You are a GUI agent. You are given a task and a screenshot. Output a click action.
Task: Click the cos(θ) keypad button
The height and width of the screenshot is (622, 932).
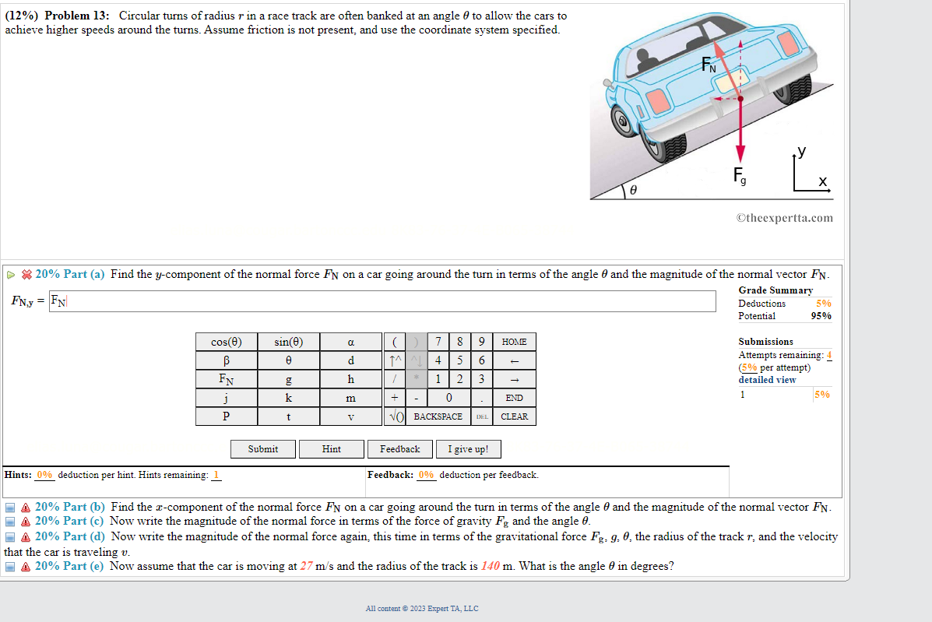point(226,342)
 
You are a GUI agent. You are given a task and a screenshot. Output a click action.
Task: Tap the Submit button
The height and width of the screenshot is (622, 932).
point(263,449)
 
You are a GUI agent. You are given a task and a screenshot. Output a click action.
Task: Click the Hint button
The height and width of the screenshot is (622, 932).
point(332,449)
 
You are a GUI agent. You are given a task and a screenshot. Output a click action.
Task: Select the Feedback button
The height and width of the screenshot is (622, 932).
point(399,449)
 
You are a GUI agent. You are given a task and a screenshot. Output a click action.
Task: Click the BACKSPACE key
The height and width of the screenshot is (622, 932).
point(438,416)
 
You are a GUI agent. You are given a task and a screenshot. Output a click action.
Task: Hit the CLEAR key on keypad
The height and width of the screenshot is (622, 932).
point(514,416)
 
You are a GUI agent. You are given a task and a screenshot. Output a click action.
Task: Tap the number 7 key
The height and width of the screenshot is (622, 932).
point(439,342)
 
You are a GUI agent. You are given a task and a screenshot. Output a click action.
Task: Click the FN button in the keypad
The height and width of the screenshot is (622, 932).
point(226,379)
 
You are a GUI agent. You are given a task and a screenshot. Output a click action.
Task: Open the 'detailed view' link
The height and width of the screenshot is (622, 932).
point(767,380)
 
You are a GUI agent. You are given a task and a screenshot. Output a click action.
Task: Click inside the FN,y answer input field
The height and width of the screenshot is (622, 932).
point(382,301)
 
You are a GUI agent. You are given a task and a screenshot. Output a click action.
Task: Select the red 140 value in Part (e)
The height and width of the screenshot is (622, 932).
point(491,566)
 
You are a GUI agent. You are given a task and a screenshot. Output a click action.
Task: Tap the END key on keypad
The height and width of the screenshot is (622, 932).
point(514,398)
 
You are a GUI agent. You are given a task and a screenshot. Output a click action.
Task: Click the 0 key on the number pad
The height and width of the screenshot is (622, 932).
point(449,398)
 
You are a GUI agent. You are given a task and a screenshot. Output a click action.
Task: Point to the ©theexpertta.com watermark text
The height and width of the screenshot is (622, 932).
point(784,218)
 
